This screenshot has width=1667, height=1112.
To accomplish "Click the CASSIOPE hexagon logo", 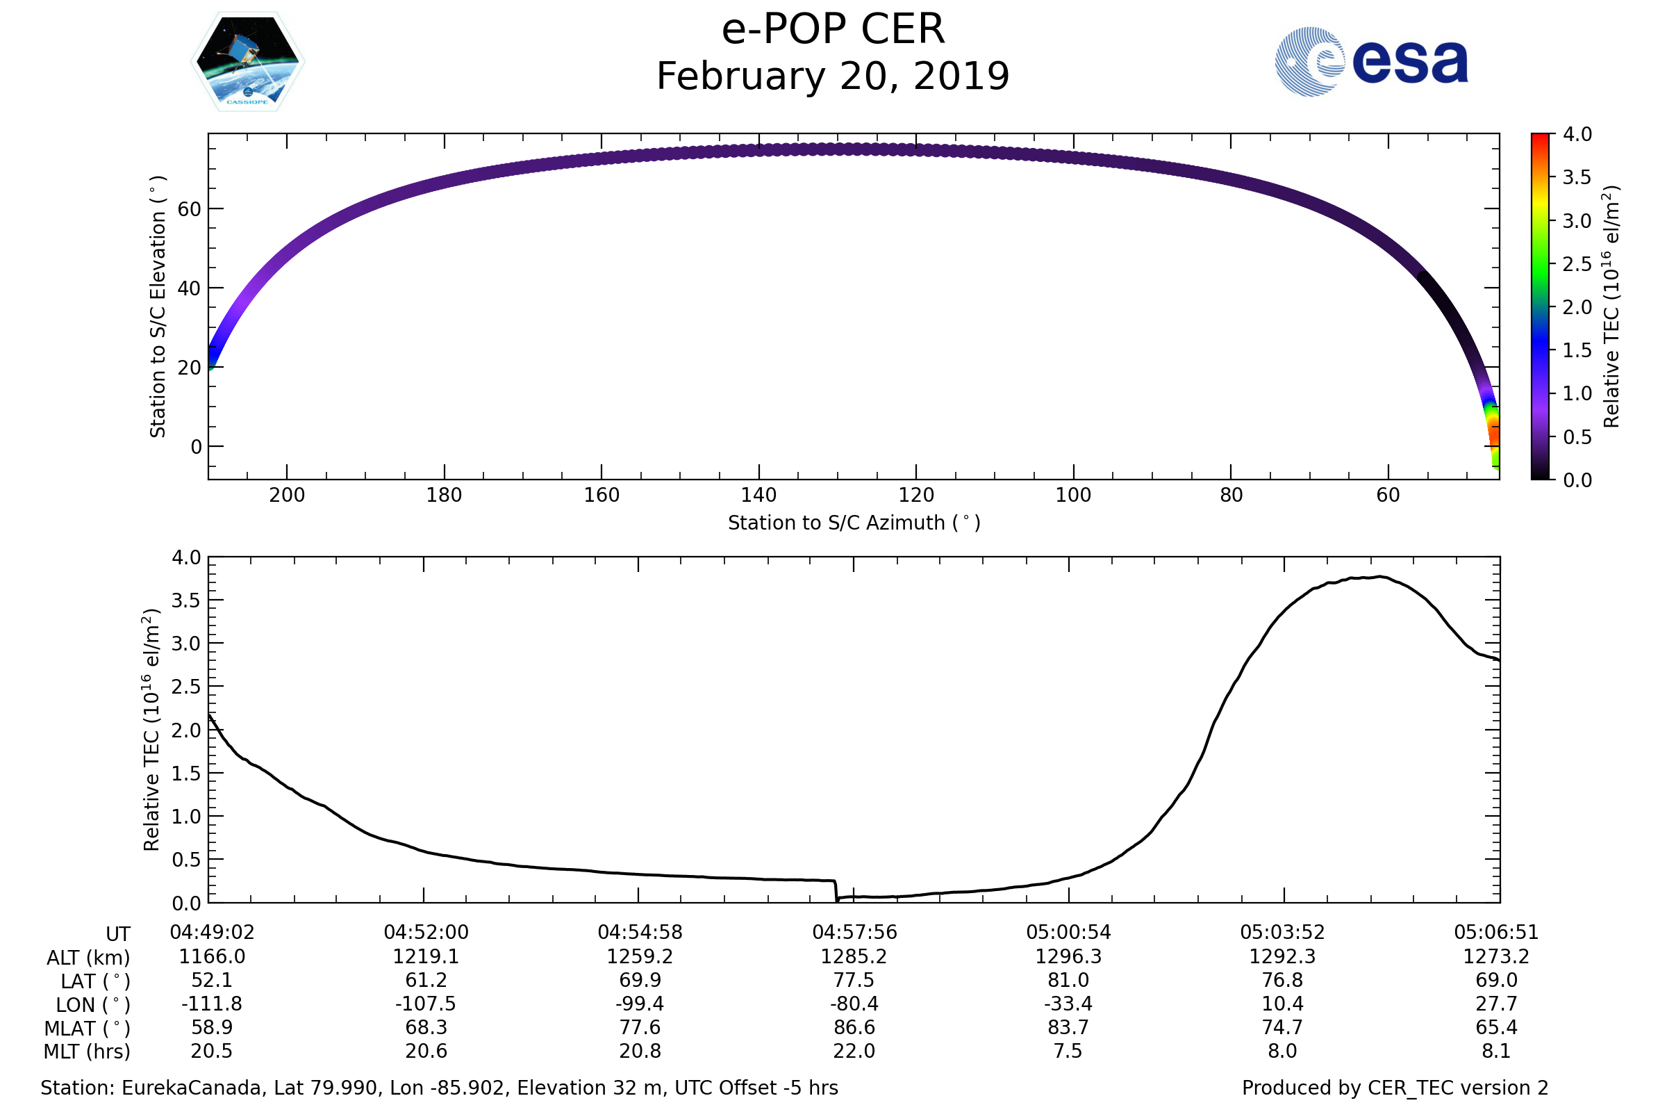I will coord(247,63).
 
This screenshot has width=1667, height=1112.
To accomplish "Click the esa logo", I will coord(1370,62).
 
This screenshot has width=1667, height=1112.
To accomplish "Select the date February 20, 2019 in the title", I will coord(833,76).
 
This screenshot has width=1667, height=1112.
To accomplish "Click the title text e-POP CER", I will coord(833,30).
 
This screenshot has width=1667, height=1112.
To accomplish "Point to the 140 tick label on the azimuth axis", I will coord(758,495).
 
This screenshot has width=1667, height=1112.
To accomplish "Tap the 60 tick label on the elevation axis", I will coord(189,209).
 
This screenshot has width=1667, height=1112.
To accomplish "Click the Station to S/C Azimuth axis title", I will coord(854,523).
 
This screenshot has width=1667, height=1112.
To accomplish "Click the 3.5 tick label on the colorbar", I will coord(1577,177).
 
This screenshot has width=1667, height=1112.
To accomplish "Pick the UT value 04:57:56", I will coord(854,933).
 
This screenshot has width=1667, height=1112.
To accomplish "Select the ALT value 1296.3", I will coord(1068,957).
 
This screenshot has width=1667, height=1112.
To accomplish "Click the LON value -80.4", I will coord(854,1004).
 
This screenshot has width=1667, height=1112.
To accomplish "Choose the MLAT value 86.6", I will coord(854,1028).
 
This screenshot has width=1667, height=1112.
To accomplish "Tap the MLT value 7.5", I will coord(1068,1051).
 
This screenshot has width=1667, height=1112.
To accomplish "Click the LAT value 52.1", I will coord(212,980).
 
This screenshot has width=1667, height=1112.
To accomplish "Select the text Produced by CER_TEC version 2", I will coord(1395,1088).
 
